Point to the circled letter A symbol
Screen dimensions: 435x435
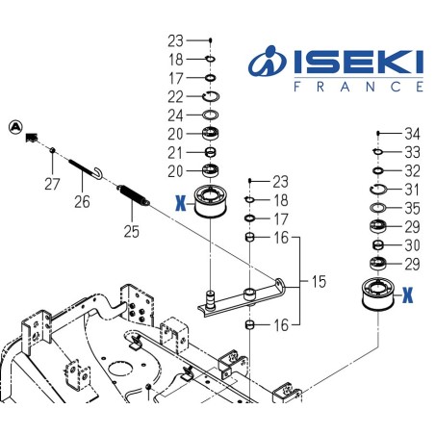point(14,126)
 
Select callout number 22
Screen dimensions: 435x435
point(175,96)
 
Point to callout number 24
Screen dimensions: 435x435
point(175,115)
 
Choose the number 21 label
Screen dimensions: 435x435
point(175,152)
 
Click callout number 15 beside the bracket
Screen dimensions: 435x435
point(319,282)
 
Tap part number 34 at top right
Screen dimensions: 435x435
point(412,133)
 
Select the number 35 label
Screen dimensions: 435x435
point(412,207)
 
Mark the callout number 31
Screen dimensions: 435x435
point(412,189)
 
